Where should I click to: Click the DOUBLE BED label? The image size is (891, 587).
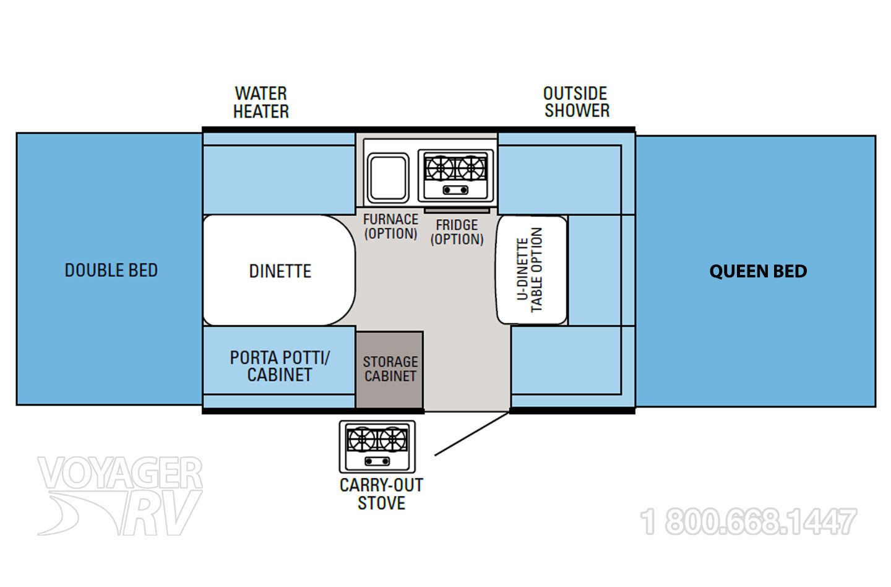click(111, 271)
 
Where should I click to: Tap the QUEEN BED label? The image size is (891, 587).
click(758, 271)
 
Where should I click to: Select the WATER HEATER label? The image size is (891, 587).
click(261, 102)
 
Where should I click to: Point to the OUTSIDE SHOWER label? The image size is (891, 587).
click(577, 102)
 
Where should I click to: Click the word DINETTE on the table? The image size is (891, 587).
click(280, 271)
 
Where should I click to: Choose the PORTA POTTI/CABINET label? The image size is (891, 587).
click(280, 366)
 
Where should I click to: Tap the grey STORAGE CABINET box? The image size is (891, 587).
click(389, 370)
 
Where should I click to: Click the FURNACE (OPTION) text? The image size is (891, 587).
click(390, 227)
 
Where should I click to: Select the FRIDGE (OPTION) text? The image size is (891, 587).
click(457, 232)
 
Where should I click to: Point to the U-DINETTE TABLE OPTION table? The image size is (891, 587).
click(532, 270)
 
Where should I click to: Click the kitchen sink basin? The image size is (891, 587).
click(388, 178)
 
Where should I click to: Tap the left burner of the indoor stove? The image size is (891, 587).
click(440, 168)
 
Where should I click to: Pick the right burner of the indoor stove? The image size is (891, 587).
click(471, 168)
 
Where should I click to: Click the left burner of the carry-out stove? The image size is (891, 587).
click(361, 440)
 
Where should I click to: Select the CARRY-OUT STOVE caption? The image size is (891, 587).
click(381, 494)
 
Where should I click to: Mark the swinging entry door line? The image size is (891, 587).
click(471, 434)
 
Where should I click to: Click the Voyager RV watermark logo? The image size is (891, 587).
click(120, 495)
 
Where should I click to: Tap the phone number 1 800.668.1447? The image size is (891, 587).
click(748, 521)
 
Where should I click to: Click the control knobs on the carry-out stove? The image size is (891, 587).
click(377, 461)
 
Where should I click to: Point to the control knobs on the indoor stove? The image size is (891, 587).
click(455, 190)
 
